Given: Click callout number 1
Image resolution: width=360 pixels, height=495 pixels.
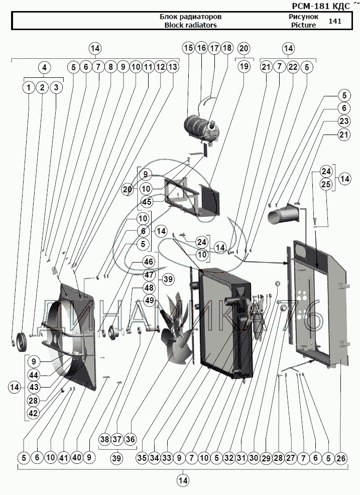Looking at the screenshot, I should pyautogui.click(x=29, y=87).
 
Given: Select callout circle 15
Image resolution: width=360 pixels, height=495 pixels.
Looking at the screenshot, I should pyautogui.click(x=188, y=48).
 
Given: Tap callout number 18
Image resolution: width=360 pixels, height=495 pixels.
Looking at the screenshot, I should pyautogui.click(x=227, y=48).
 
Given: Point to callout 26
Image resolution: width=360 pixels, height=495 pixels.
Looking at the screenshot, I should pyautogui.click(x=341, y=458).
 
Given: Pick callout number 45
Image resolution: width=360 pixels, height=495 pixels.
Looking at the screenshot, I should pyautogui.click(x=147, y=202).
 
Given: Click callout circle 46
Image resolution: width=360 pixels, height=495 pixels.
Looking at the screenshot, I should pyautogui.click(x=149, y=262).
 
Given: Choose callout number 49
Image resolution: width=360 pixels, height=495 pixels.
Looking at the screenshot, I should pyautogui.click(x=149, y=301).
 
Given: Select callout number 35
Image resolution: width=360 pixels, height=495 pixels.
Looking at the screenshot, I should pyautogui.click(x=142, y=458).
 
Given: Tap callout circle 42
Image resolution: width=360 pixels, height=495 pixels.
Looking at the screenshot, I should pyautogui.click(x=33, y=413).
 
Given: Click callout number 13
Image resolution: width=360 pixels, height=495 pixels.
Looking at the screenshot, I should pyautogui.click(x=173, y=67).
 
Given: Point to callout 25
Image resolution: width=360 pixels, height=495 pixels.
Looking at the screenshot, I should pyautogui.click(x=327, y=185).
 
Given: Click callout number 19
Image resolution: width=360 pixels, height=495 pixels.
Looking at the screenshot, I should pyautogui.click(x=244, y=67).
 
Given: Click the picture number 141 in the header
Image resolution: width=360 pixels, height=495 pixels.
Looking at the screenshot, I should pyautogui.click(x=334, y=21).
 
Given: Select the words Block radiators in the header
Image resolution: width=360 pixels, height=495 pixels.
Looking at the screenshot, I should pyautogui.click(x=190, y=25).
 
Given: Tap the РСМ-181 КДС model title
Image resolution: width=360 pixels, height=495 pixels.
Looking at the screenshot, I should pyautogui.click(x=320, y=6).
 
